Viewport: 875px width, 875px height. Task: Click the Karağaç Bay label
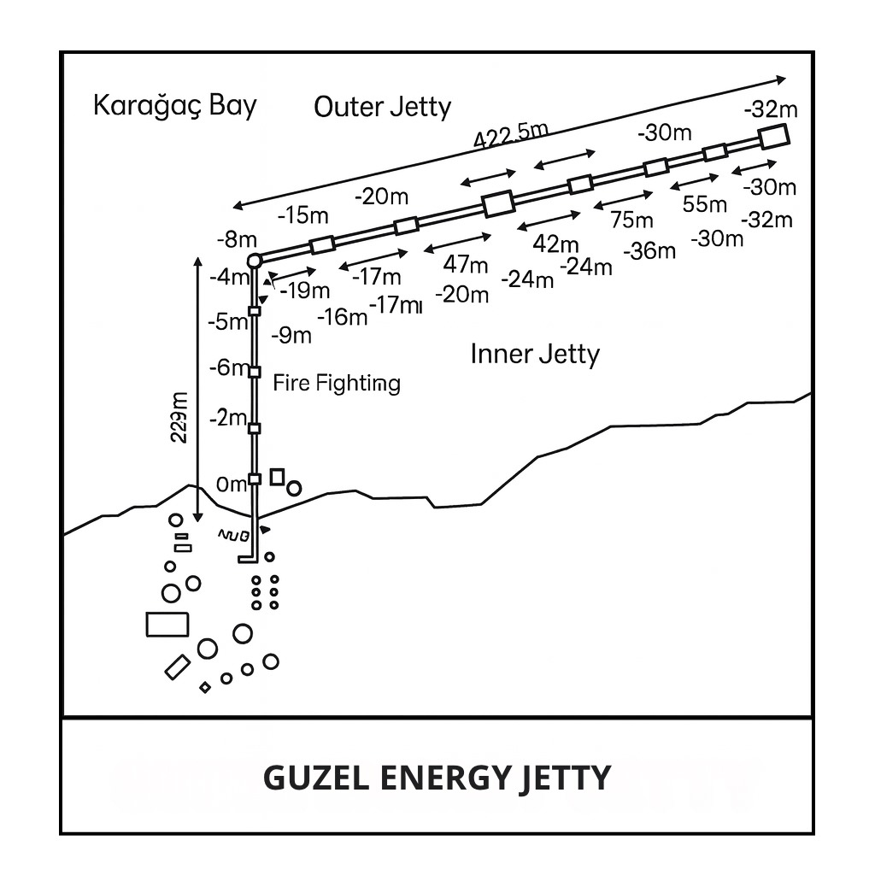174,107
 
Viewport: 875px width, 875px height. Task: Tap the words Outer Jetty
382,108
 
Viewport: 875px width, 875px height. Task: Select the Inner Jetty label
535,354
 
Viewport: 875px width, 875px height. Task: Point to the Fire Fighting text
337,383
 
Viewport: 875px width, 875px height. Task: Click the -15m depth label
303,215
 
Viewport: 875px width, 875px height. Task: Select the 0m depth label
232,484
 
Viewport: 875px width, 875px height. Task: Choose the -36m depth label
649,251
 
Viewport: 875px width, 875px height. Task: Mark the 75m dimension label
631,220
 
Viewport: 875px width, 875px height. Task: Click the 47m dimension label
467,265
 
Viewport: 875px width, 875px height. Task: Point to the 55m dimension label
705,204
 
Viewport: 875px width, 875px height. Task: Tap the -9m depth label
291,336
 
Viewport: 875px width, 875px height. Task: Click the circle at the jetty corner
254,261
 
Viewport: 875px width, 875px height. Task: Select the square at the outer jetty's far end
772,137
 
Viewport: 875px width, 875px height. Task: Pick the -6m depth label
228,368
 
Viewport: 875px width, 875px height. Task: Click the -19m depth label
305,291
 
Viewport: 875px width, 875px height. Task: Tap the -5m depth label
227,322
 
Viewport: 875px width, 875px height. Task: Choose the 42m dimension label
555,244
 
